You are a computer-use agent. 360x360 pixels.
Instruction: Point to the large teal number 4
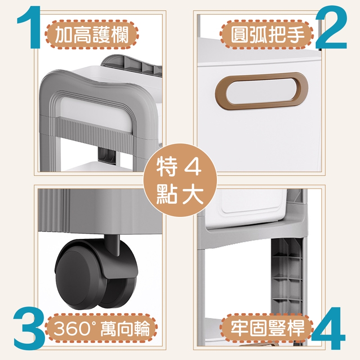(329, 328)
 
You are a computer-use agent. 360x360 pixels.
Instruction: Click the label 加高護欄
(92, 35)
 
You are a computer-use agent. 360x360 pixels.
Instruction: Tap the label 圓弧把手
(267, 35)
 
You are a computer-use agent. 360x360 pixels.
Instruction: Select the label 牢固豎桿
(267, 328)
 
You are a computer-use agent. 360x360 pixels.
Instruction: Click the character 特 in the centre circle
(166, 166)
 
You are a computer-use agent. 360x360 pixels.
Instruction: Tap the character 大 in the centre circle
(193, 194)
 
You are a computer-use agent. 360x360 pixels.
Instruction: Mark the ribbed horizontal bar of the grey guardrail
(94, 131)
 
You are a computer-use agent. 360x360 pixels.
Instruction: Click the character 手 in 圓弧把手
(295, 35)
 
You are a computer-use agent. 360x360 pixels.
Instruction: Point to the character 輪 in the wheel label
(140, 329)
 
